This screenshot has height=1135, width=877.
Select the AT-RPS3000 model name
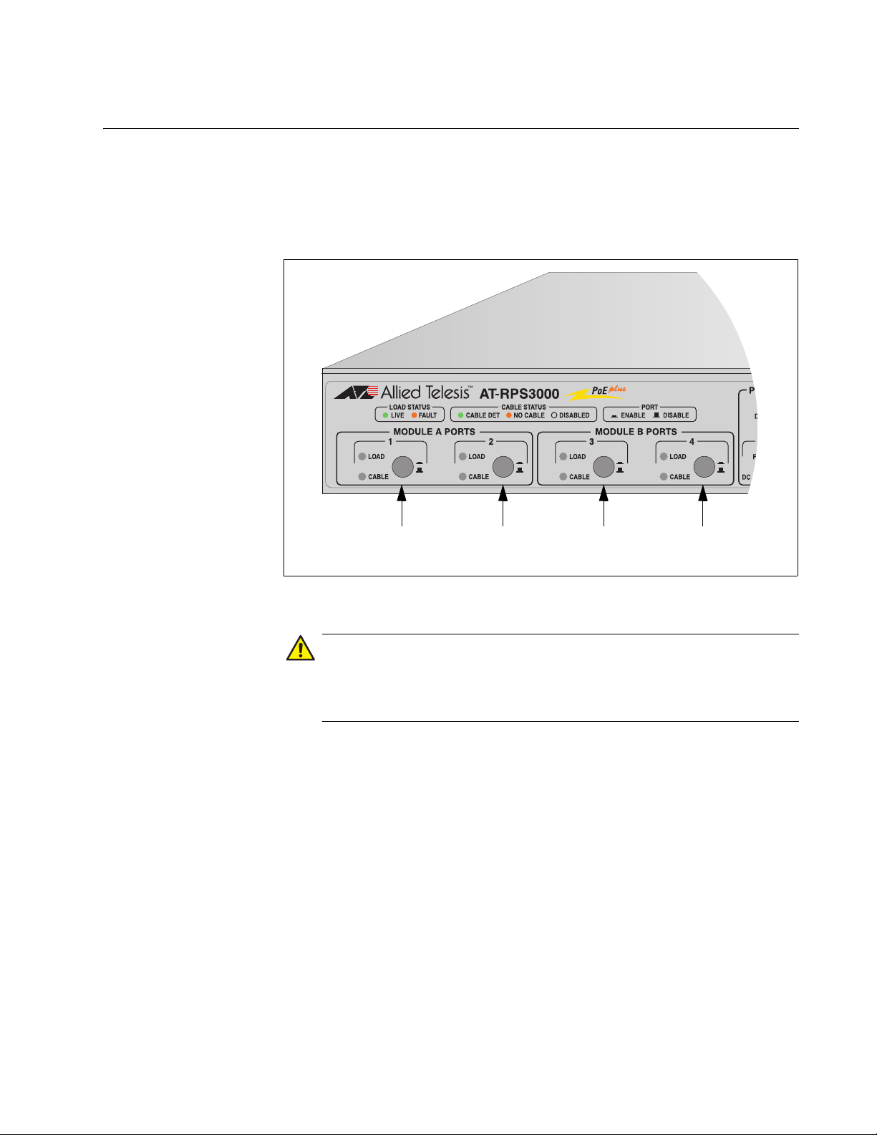click(519, 394)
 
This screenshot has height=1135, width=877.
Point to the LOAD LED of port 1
click(362, 456)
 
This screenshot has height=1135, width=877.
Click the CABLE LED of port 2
click(462, 476)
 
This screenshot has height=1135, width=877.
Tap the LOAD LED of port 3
click(563, 456)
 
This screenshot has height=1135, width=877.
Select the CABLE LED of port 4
click(664, 476)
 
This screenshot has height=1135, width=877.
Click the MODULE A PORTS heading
click(434, 432)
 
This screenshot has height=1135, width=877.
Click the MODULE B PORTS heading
click(636, 432)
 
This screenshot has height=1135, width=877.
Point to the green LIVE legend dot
click(385, 415)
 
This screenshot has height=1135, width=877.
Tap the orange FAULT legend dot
click(414, 415)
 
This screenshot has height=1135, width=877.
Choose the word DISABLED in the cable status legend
click(574, 415)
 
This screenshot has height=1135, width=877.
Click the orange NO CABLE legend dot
click(509, 415)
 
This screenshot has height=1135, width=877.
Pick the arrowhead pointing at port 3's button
click(604, 492)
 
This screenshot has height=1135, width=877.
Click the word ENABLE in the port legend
click(633, 415)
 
